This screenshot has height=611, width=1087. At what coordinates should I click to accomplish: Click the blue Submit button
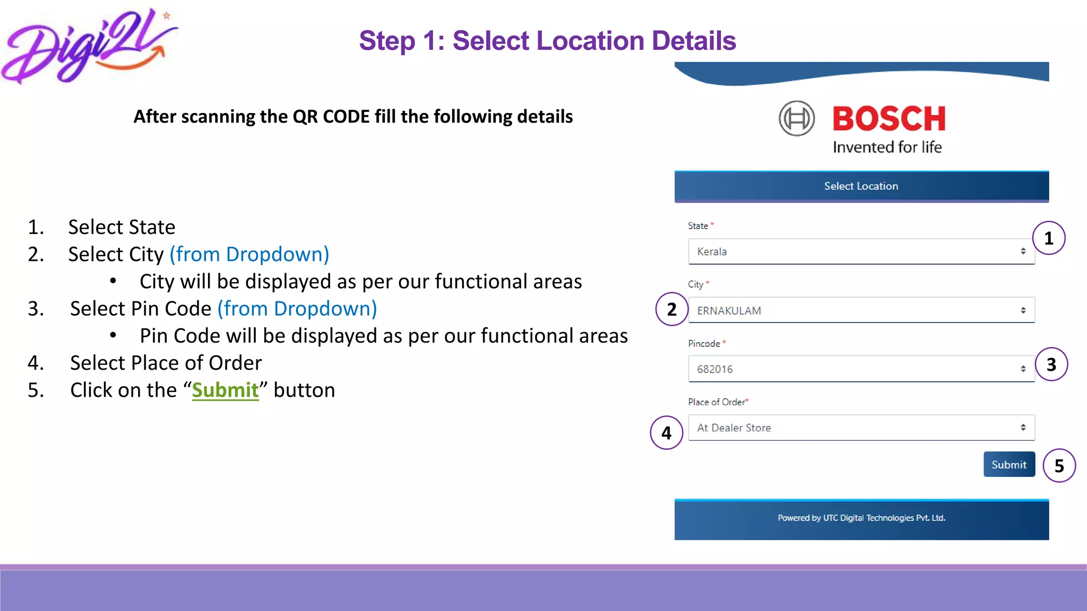click(x=1009, y=465)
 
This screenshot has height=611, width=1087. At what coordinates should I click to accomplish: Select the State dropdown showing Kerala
click(x=861, y=251)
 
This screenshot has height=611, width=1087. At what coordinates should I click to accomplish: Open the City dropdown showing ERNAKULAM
click(x=861, y=310)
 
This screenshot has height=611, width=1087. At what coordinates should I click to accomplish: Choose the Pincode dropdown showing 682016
click(x=861, y=369)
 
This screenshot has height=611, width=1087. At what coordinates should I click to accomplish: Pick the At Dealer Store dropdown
click(x=861, y=427)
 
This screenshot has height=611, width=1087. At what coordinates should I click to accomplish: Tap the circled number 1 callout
click(x=1049, y=238)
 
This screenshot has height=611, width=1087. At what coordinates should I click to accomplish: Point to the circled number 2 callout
click(x=672, y=309)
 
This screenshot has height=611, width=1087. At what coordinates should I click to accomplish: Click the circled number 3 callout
click(x=1051, y=364)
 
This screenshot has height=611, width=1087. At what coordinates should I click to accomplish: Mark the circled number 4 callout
click(x=667, y=433)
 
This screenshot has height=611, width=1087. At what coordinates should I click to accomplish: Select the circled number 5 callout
click(x=1059, y=466)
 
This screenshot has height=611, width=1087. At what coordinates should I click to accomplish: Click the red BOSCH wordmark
click(x=889, y=118)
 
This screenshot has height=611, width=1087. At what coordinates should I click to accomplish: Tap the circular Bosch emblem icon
click(x=797, y=118)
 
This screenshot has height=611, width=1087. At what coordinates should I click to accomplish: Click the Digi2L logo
click(x=88, y=47)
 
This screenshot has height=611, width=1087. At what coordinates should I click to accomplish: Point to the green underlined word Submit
click(x=225, y=390)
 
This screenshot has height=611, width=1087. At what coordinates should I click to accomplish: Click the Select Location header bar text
click(x=861, y=186)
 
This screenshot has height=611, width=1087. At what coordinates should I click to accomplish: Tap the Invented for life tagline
click(x=887, y=147)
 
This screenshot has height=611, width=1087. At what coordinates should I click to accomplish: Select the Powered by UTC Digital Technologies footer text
click(x=861, y=518)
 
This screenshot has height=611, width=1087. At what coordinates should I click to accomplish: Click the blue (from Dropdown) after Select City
click(x=249, y=255)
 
